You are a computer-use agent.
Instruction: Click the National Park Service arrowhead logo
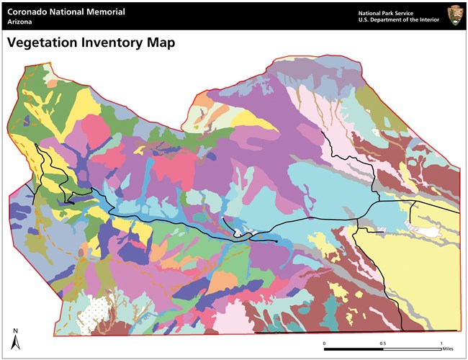pos(454,15)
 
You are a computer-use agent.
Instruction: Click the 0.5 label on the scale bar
pos(382,343)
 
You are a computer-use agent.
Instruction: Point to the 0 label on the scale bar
pos(324,343)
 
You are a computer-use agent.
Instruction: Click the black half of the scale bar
pos(353,349)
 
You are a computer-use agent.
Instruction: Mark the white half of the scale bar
pos(410,349)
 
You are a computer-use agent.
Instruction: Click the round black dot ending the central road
pos(278,243)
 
